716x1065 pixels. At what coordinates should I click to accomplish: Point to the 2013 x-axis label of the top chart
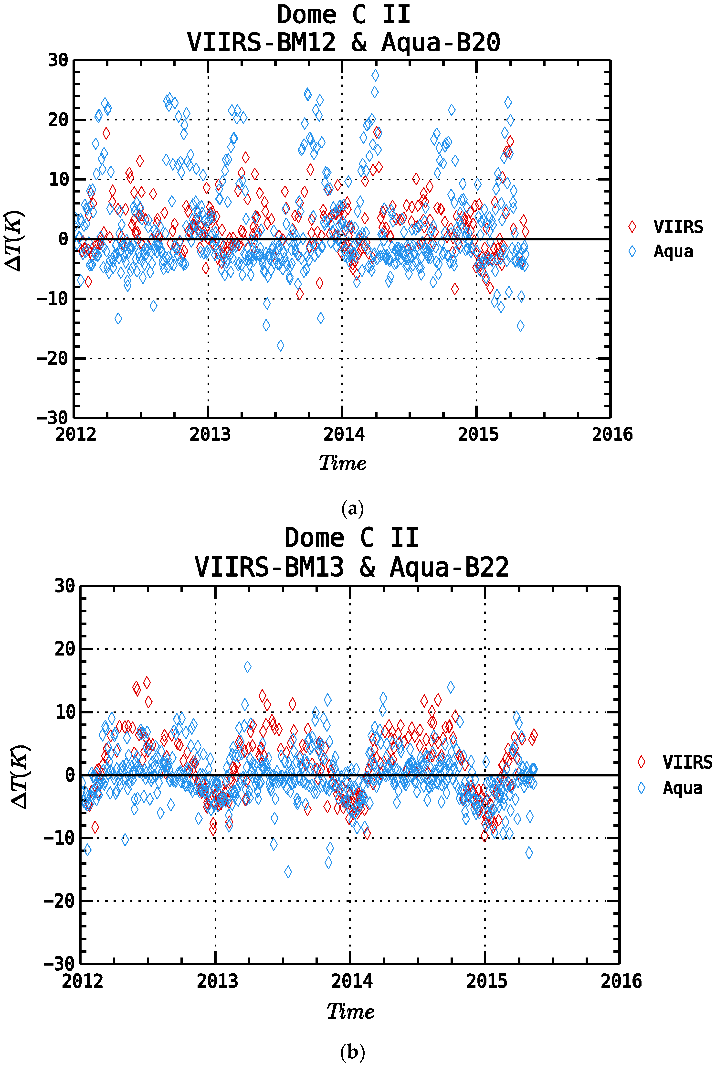(x=210, y=434)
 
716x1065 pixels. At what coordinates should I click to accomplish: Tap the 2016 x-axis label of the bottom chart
(x=621, y=981)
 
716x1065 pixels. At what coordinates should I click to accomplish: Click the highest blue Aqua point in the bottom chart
(x=247, y=667)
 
